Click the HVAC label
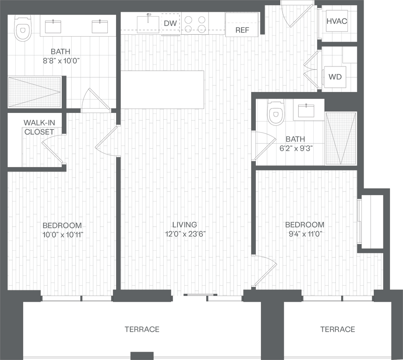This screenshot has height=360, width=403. [x=337, y=21]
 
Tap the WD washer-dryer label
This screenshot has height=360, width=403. [x=335, y=77]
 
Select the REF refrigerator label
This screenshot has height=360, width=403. [x=242, y=30]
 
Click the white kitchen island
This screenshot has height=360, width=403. [x=162, y=90]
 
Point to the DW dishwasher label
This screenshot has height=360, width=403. [x=170, y=23]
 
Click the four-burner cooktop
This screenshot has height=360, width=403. [x=195, y=23]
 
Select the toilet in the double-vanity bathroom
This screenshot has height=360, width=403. [x=23, y=29]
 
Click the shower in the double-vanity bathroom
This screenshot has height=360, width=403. [x=35, y=92]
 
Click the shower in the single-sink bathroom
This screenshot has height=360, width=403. [x=340, y=138]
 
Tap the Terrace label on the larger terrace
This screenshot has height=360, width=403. [x=142, y=329]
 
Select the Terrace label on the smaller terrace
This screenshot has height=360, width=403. [x=337, y=329]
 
